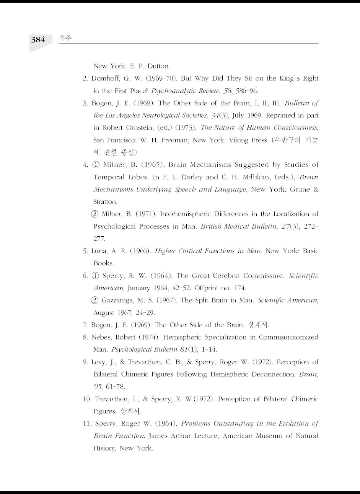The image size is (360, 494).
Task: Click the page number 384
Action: point(38,40)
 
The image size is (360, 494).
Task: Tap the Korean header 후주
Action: point(65,38)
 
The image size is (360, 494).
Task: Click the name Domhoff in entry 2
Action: point(104,78)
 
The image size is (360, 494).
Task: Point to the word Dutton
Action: point(159,66)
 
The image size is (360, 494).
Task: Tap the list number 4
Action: point(85,165)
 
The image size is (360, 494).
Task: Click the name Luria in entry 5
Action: point(99,251)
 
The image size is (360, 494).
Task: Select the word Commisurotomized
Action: point(288,337)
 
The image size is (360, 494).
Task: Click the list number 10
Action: point(87,399)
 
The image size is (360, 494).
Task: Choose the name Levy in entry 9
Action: point(98,362)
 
